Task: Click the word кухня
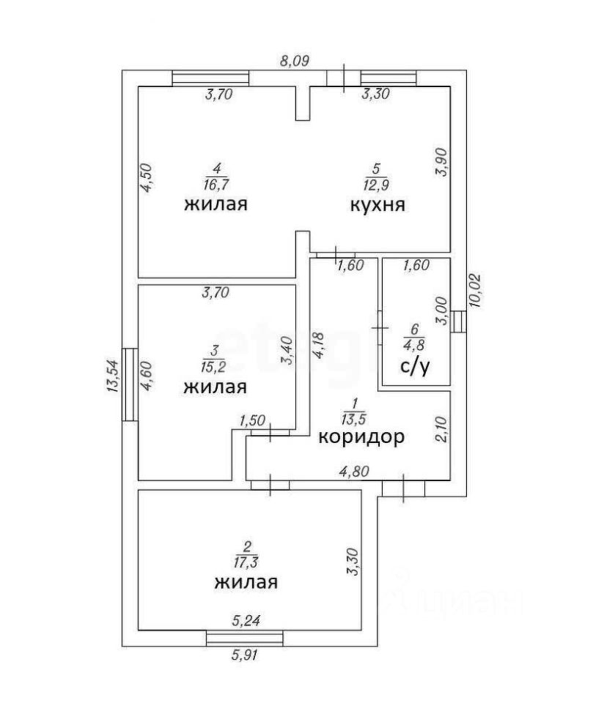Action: pos(378,204)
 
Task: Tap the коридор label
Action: pos(361,436)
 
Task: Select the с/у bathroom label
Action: pos(415,366)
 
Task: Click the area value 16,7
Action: pos(217,185)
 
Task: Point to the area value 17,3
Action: pos(246,562)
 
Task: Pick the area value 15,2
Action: pos(213,367)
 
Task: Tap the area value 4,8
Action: pos(414,344)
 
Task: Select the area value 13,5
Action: pos(354,419)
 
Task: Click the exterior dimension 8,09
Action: pos(295,61)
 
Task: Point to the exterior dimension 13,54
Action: pos(112,376)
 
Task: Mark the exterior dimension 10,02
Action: pos(475,290)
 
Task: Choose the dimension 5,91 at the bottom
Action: pos(245,655)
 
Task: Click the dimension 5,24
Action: pos(246,621)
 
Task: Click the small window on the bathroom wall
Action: pos(459,321)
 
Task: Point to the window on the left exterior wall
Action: pos(130,384)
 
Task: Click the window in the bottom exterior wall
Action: pos(245,639)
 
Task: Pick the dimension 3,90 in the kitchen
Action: pos(441,163)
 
